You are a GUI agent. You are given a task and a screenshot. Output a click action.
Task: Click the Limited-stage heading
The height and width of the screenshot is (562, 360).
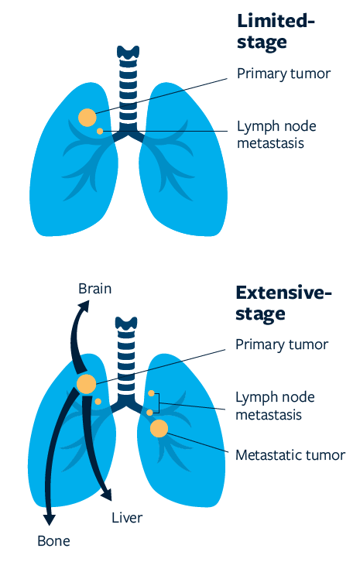[276, 33]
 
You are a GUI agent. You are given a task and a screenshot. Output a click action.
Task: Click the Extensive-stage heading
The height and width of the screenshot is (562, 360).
[283, 303]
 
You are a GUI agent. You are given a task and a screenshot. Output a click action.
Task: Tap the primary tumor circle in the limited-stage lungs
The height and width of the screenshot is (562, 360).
[87, 118]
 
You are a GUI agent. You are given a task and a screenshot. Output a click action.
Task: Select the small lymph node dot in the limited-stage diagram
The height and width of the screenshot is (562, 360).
[100, 131]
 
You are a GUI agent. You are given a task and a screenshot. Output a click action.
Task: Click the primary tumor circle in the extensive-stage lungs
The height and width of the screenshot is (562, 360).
[87, 384]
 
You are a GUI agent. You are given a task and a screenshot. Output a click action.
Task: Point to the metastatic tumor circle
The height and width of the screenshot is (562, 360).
[159, 428]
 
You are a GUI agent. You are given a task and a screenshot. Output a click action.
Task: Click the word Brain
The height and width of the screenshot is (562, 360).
[95, 289]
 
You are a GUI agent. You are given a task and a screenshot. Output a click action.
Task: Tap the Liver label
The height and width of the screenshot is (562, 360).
[127, 518]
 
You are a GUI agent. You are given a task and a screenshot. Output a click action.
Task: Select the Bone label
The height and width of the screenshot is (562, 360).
[53, 541]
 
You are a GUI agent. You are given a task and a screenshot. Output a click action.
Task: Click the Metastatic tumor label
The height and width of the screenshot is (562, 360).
[290, 455]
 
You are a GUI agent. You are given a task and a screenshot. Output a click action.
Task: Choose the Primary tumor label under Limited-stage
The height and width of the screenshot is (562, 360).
[283, 74]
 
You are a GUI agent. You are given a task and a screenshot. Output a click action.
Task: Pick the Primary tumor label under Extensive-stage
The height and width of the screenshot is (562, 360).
[282, 344]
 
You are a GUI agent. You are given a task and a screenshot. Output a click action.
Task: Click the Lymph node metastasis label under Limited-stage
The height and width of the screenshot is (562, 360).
[276, 135]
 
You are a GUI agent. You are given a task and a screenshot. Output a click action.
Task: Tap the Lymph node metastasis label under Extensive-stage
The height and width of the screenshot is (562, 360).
[275, 406]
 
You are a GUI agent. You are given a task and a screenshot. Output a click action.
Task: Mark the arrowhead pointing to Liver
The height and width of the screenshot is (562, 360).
[107, 495]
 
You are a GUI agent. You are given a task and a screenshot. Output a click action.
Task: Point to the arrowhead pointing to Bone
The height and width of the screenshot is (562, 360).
[49, 519]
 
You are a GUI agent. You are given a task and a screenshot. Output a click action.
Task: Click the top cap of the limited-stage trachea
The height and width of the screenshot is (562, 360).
[128, 53]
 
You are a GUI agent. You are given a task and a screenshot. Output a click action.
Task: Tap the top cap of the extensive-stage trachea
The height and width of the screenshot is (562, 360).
[126, 324]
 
